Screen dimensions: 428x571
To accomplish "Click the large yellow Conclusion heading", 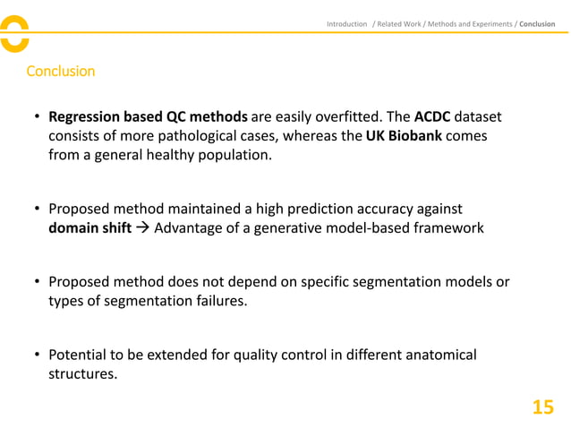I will (x=60, y=71).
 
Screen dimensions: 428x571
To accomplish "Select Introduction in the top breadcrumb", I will (x=346, y=23).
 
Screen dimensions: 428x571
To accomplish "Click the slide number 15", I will (x=542, y=407).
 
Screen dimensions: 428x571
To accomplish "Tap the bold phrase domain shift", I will (x=89, y=227).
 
